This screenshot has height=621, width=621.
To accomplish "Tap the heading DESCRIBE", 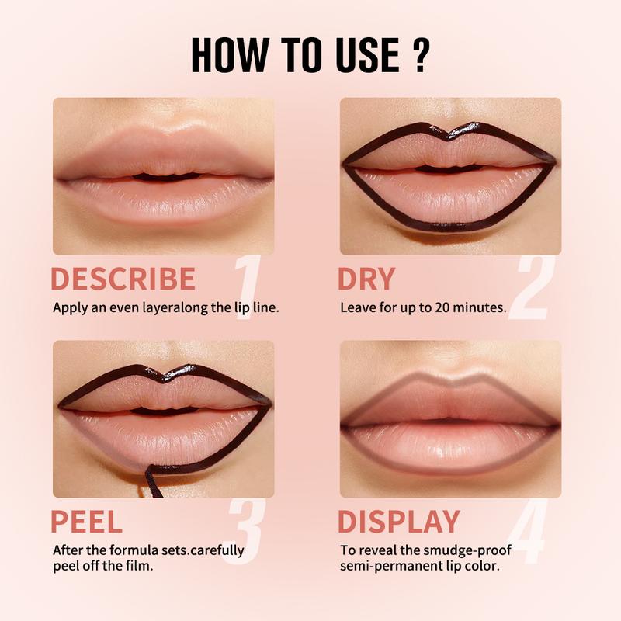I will coord(123,279).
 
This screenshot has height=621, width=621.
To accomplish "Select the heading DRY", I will coord(366,279).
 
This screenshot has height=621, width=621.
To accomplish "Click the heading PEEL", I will coord(86,522).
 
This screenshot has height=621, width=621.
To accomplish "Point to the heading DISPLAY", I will coord(399,522).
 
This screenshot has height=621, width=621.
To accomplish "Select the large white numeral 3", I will coord(247,530).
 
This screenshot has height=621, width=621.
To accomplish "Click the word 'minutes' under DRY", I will coord(480,307).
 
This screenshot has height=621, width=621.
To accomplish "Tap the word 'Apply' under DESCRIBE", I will coord(69,307).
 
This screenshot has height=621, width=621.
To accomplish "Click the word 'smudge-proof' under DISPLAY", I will coord(449,550).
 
